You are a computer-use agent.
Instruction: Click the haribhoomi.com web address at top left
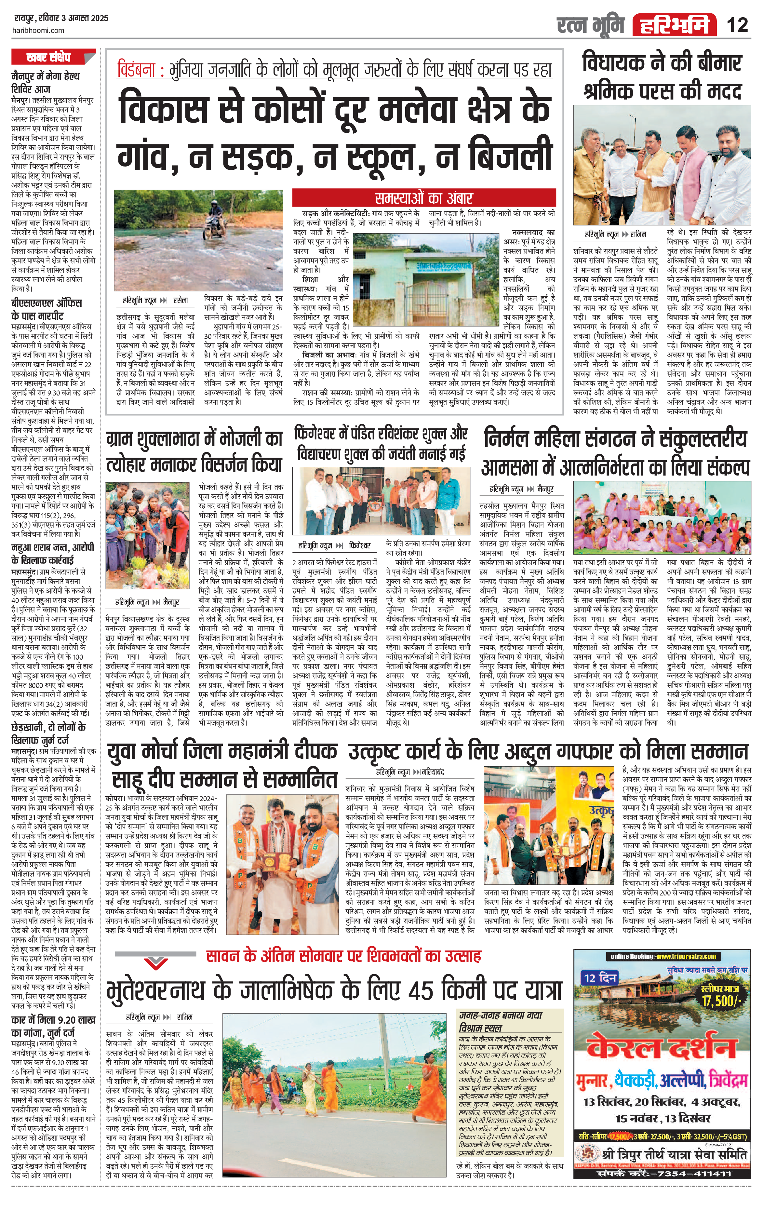38,30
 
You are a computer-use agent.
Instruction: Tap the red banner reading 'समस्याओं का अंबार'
423,198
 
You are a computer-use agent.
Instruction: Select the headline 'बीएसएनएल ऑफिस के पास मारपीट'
46,309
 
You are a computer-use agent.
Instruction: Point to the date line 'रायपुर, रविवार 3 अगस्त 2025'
60,19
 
